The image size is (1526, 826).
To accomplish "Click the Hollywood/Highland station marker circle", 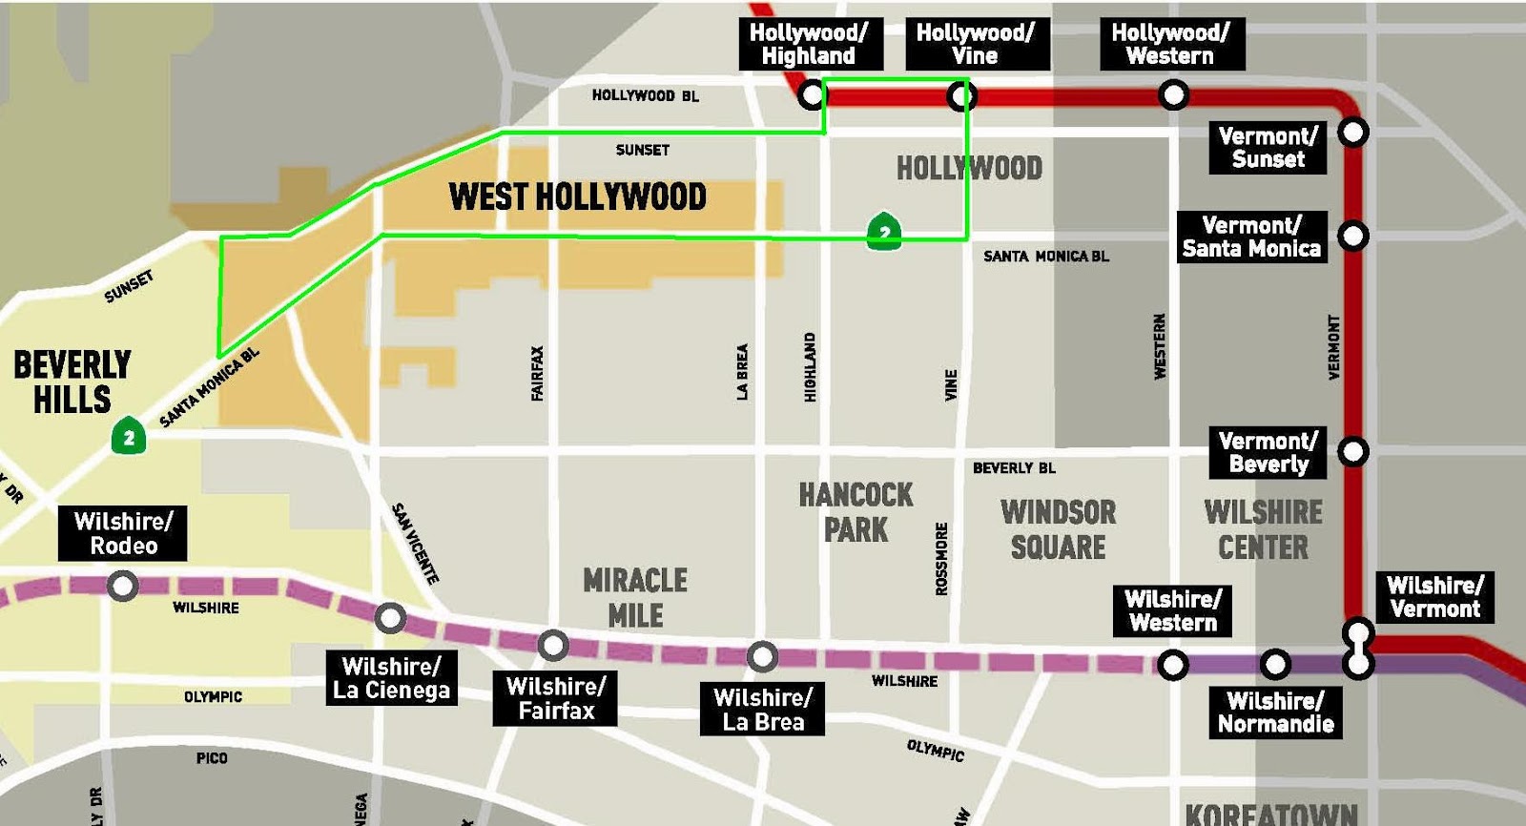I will coord(812,95).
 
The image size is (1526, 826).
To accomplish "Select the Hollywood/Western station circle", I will coord(1173,95).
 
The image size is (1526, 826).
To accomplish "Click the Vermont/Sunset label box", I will coord(1268,148).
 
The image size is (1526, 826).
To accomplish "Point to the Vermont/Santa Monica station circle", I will coord(1353,235).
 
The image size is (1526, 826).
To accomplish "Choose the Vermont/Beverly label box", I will coord(1268,452).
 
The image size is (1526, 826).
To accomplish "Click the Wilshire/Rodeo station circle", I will coord(122,585).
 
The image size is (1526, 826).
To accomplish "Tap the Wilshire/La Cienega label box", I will coord(391,678).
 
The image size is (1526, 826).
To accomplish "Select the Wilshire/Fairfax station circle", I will coord(553,646).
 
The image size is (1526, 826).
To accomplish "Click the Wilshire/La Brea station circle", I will coord(761,656).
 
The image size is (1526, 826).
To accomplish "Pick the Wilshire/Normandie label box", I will coord(1275,712).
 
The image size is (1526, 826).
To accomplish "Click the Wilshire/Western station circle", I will coord(1173,664).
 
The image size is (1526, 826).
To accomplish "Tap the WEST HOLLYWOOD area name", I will coord(577,197).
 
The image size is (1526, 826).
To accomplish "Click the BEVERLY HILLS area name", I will coord(72,382).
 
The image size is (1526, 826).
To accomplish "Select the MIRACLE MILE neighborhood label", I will coord(635,597).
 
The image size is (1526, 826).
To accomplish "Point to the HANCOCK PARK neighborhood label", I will coord(856,512).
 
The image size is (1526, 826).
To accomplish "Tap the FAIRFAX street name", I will coord(537,373).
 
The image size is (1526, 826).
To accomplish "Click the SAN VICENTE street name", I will coord(416,543).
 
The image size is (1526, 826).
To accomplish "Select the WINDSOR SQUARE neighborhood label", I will coord(1058,529).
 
